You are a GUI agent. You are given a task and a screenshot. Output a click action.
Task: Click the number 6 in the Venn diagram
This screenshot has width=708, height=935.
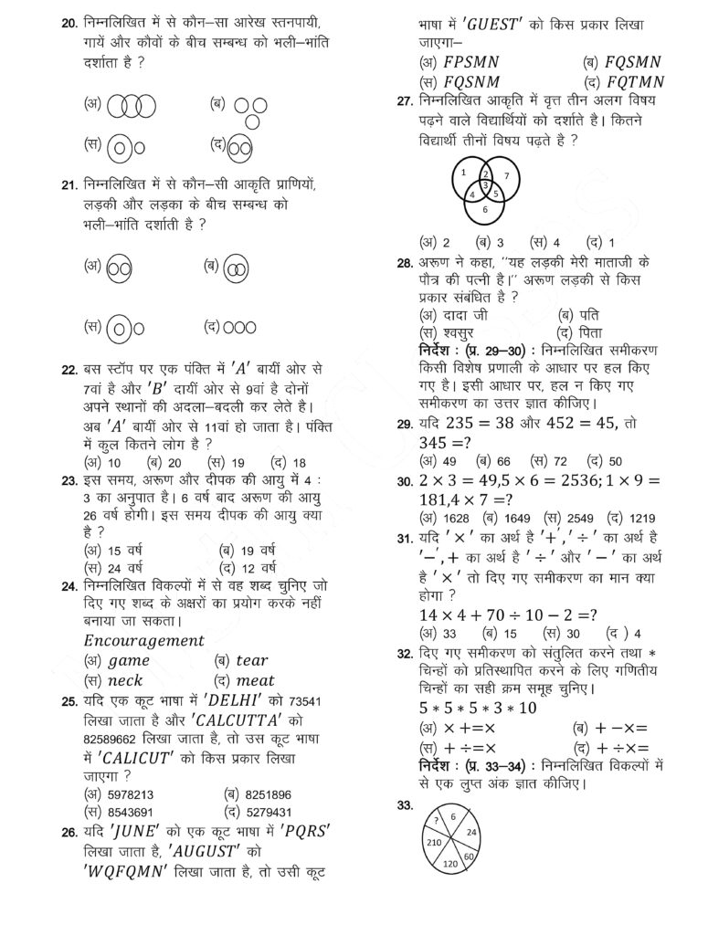coord(485,209)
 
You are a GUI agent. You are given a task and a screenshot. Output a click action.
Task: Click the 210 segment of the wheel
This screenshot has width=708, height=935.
coord(434,840)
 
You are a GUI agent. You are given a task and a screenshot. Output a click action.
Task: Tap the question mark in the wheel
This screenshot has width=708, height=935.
coord(436,819)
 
